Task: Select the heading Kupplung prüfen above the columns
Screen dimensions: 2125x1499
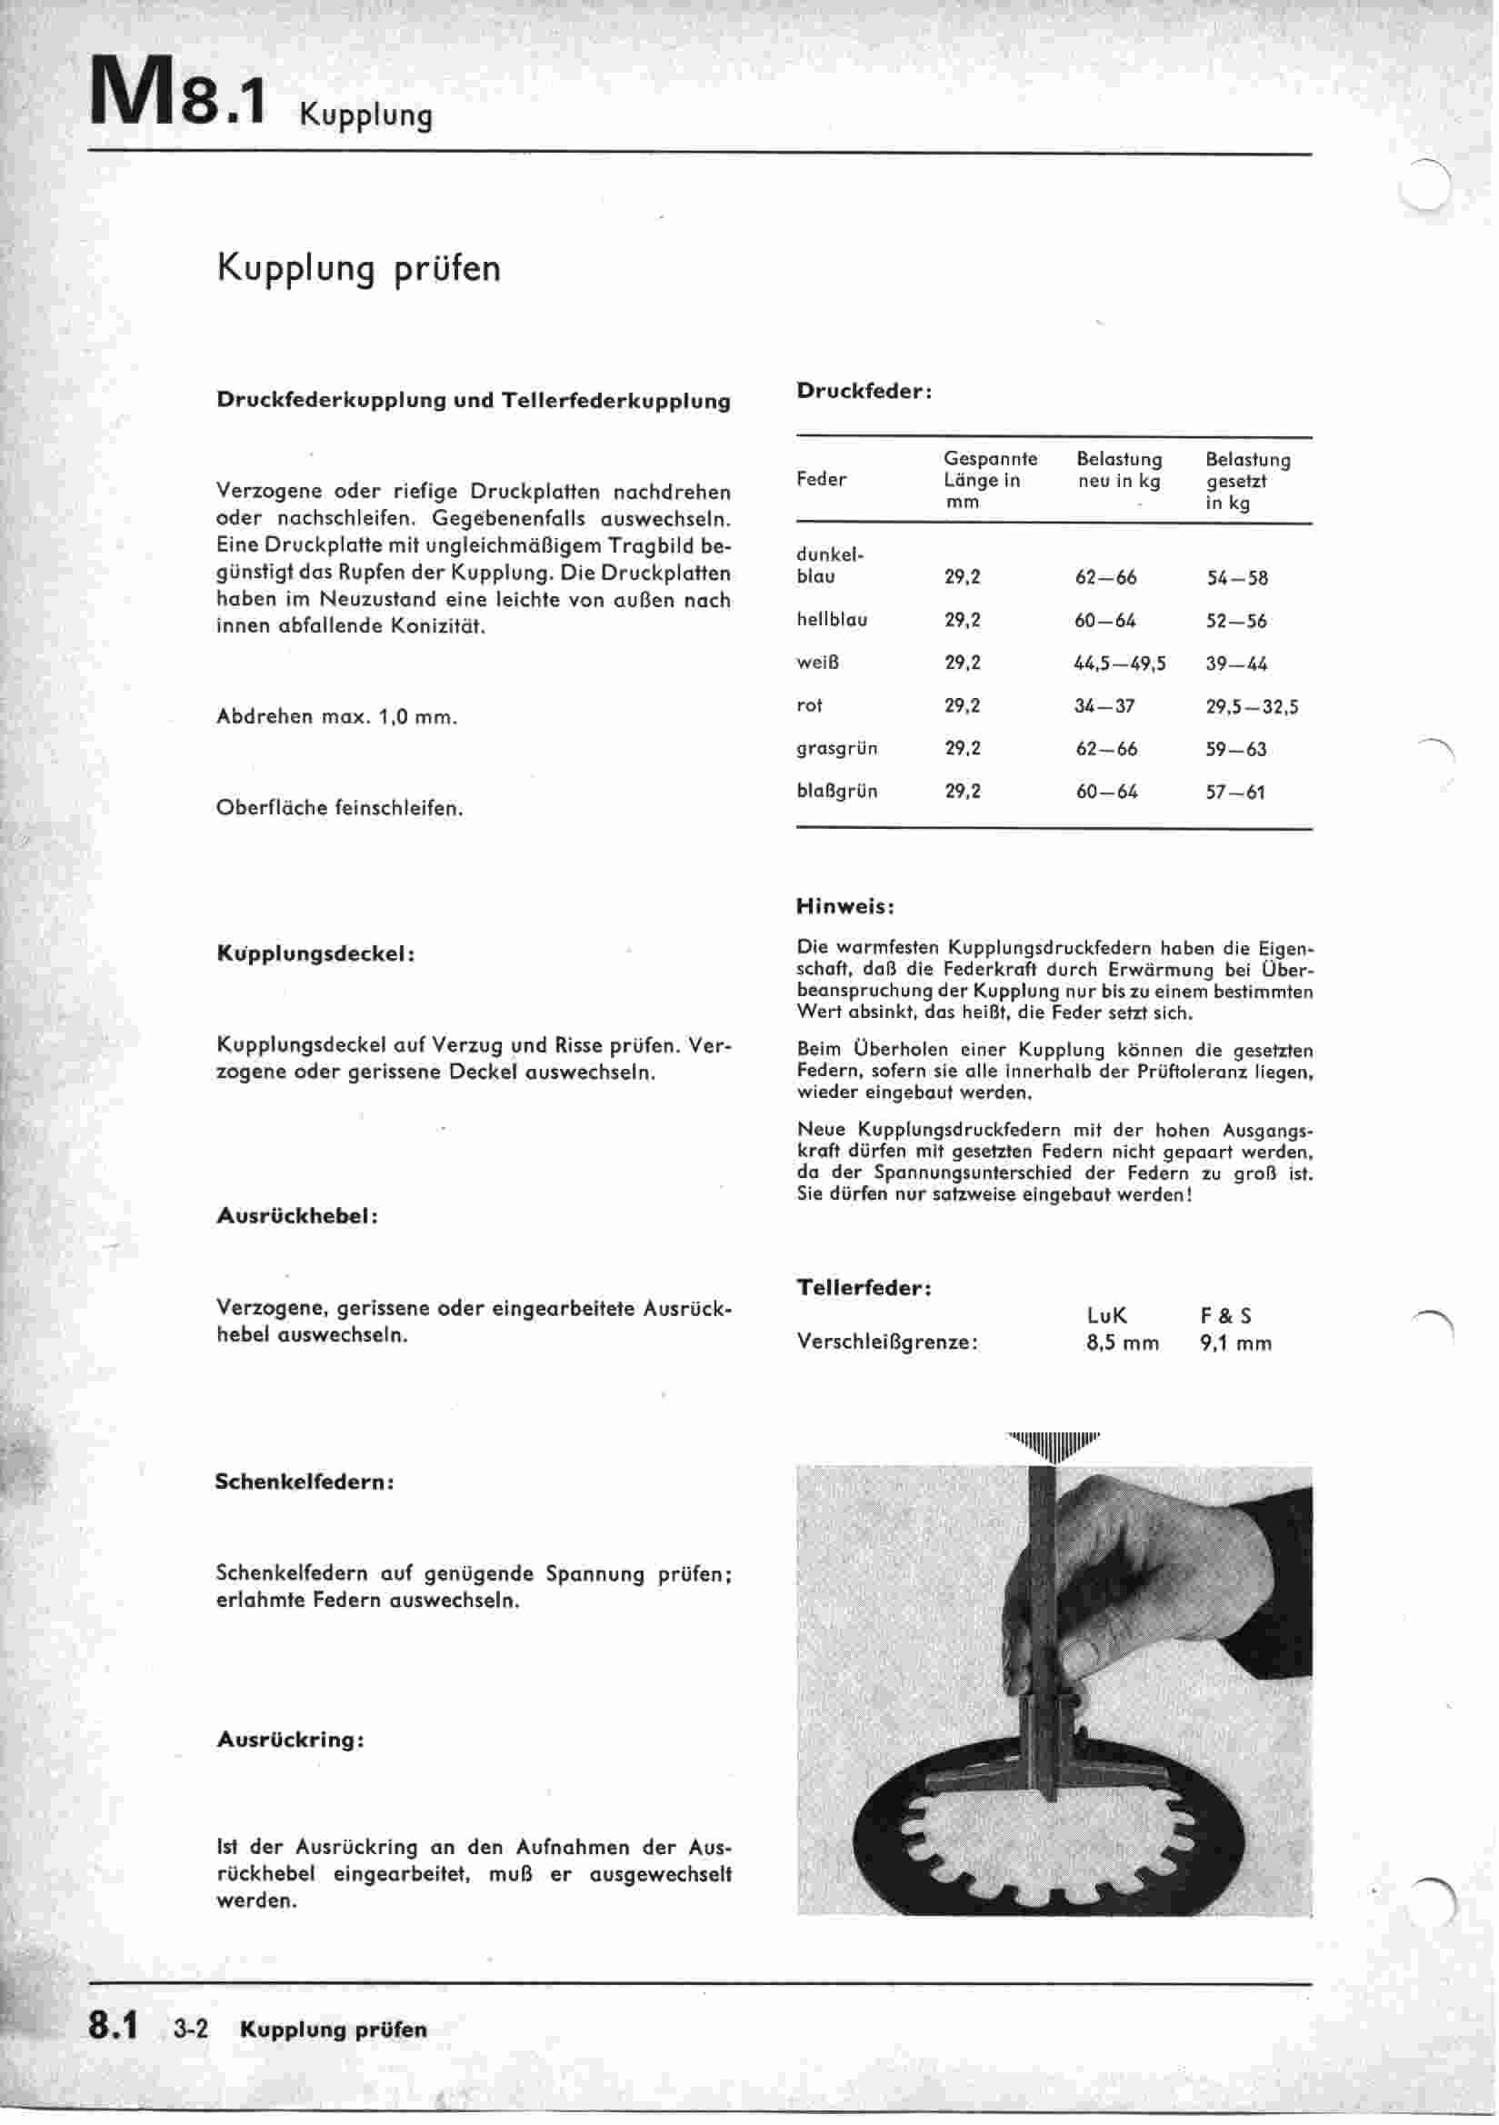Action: (x=358, y=268)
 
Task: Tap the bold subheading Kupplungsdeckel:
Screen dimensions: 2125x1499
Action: (x=315, y=953)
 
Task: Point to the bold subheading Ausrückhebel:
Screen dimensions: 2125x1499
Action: (x=297, y=1216)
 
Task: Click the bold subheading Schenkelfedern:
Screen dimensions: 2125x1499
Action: (x=305, y=1481)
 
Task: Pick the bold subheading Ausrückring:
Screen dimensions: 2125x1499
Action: (x=290, y=1739)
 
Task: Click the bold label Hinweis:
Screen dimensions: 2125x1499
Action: (x=844, y=906)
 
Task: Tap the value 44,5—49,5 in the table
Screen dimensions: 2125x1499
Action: (x=1119, y=663)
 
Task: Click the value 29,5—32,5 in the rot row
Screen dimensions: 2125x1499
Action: (x=1251, y=707)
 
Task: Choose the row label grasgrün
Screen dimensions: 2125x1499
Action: (x=836, y=748)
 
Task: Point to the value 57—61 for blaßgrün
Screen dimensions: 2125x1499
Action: (x=1234, y=793)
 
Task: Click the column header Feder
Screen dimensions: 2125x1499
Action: (x=820, y=479)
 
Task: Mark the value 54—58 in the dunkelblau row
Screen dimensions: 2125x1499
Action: (x=1236, y=578)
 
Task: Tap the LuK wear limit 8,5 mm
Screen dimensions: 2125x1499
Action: (x=1121, y=1343)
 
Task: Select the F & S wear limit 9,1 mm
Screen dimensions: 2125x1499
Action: (x=1235, y=1343)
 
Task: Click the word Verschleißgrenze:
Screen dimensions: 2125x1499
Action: (x=887, y=1343)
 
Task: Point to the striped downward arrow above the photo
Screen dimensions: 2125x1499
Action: (x=1054, y=1447)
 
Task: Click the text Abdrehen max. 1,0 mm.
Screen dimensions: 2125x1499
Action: (x=336, y=717)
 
